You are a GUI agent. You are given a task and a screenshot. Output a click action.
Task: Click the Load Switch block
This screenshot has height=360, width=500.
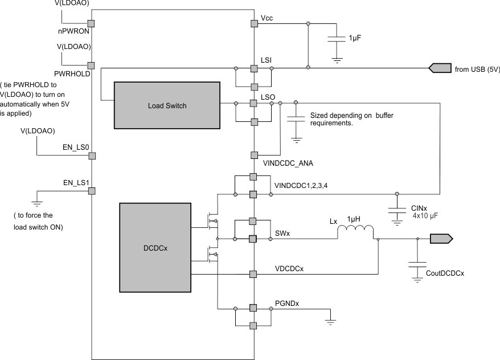click(x=167, y=105)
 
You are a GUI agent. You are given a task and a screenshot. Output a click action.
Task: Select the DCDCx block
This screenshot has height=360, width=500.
click(x=154, y=248)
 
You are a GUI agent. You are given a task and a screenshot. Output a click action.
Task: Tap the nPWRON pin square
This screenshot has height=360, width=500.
click(x=91, y=23)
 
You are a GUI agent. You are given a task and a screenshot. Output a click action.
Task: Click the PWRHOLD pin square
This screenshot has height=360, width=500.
click(x=91, y=66)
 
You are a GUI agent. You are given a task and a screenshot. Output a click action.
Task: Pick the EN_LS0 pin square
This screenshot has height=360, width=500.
click(x=91, y=156)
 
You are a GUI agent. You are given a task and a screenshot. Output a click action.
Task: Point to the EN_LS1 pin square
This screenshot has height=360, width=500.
click(x=91, y=191)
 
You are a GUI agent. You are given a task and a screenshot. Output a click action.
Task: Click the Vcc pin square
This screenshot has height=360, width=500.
click(x=254, y=23)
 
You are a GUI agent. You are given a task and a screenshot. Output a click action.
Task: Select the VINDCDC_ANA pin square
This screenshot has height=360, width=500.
click(x=254, y=155)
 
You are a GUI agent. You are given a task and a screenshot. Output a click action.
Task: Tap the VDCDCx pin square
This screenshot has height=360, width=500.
click(x=254, y=274)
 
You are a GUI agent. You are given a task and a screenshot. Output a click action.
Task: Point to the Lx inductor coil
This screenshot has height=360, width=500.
click(x=356, y=231)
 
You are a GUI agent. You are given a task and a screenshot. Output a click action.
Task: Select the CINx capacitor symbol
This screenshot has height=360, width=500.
click(x=397, y=210)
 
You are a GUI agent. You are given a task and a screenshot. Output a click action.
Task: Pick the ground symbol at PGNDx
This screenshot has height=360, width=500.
click(x=330, y=322)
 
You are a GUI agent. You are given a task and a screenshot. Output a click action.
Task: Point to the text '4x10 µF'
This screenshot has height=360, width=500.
click(x=425, y=217)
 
